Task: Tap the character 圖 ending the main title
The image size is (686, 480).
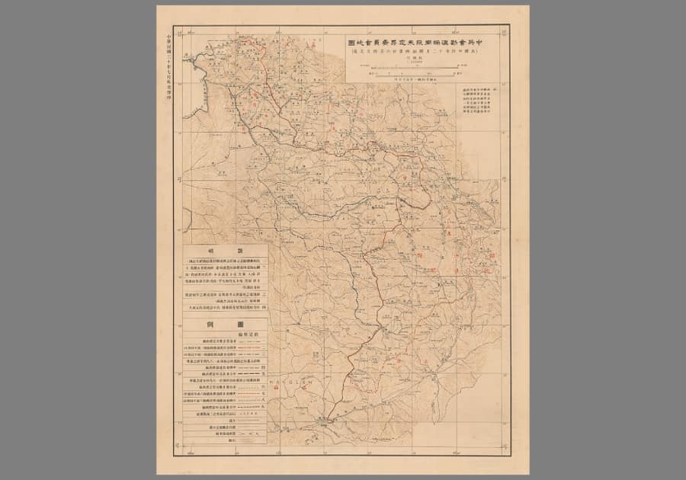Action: tap(351, 43)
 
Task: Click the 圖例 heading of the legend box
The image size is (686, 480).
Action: tap(225, 324)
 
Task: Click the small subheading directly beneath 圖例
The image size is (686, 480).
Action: tap(225, 334)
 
